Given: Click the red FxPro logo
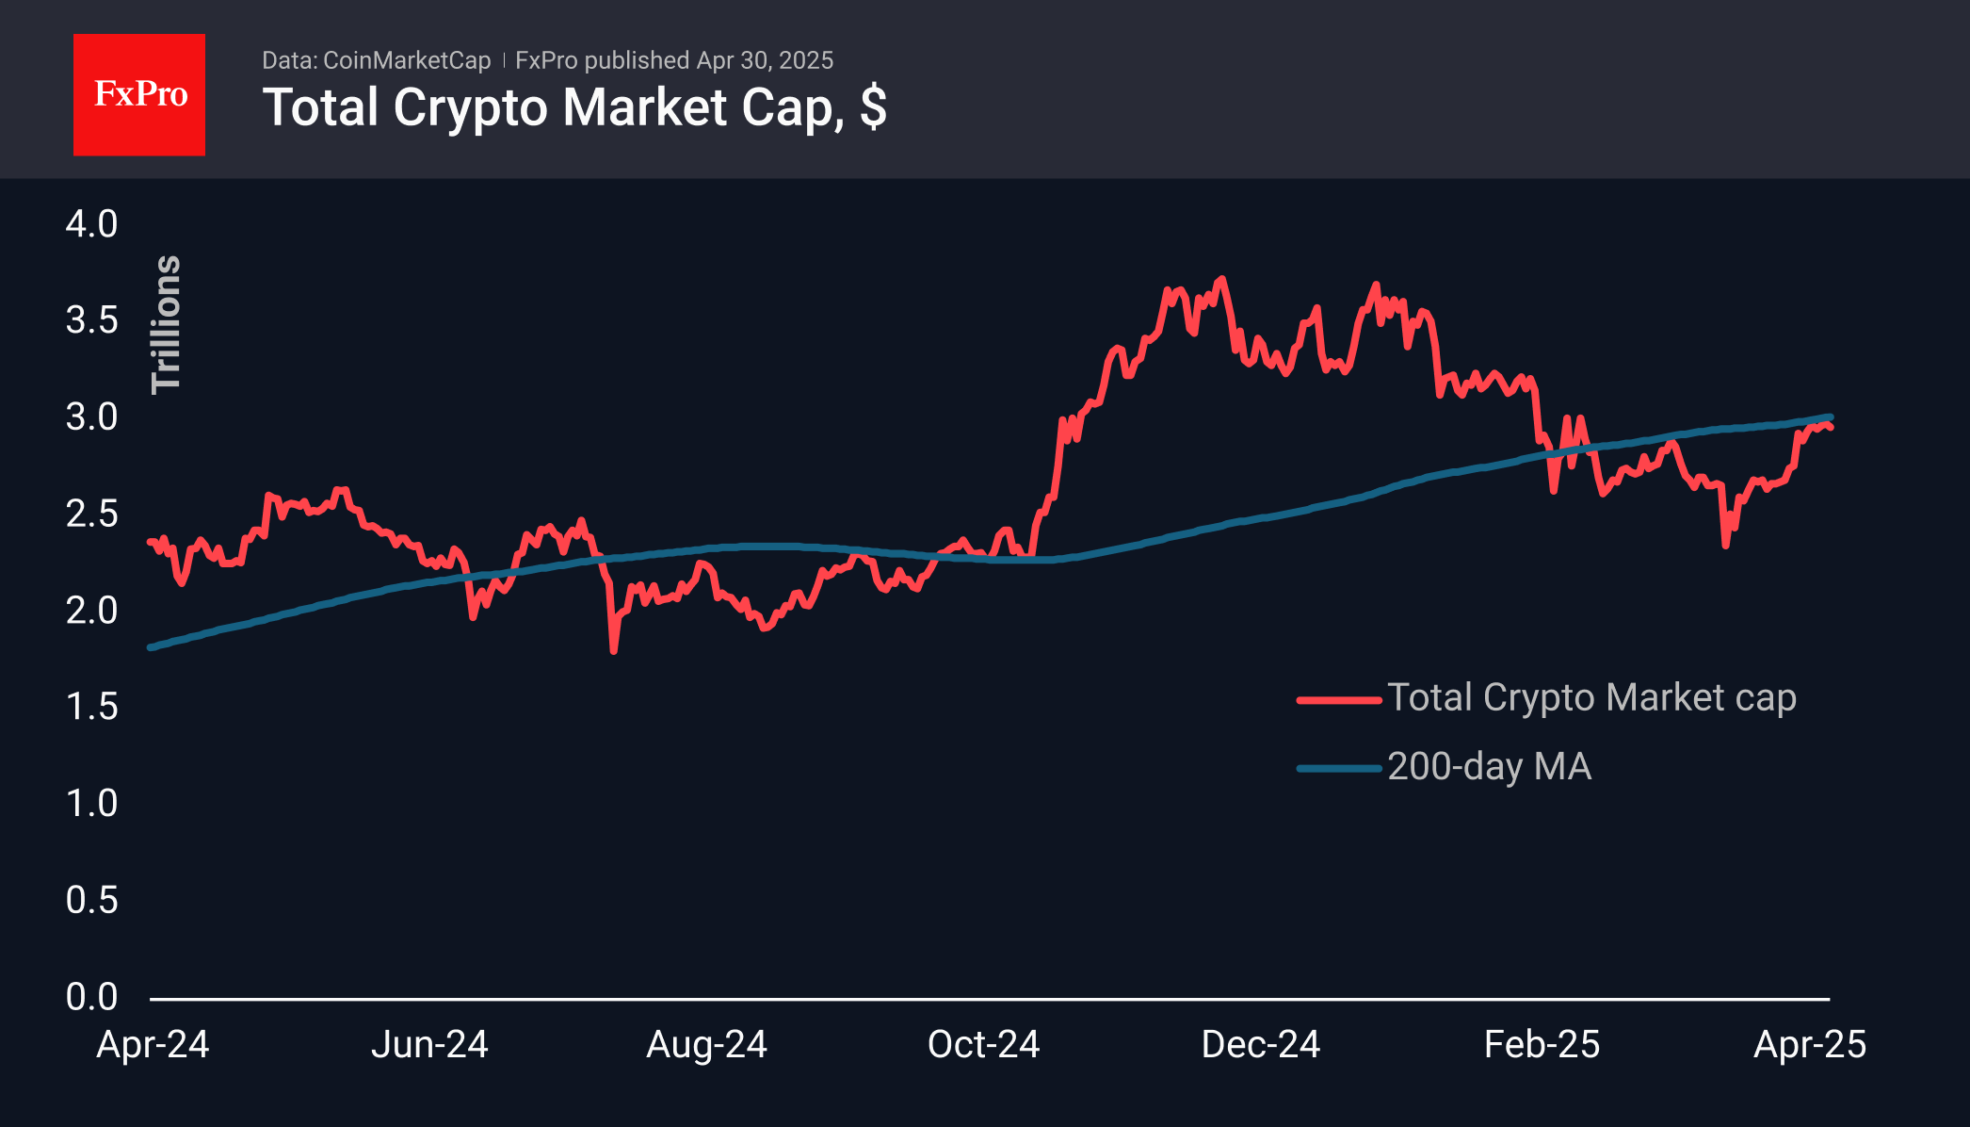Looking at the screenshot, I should click(x=139, y=94).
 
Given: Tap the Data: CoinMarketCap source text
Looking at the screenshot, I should click(x=376, y=60).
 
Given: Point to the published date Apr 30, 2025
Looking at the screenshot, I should click(x=765, y=60).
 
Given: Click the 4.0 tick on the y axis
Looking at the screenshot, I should click(x=91, y=224).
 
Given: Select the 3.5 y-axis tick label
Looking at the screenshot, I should click(x=91, y=320).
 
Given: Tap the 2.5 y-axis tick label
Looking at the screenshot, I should click(x=91, y=514).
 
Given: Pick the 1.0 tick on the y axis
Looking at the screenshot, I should click(x=91, y=804).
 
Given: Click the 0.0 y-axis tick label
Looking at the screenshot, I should click(x=91, y=996).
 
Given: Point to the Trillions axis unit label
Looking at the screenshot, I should click(x=166, y=324).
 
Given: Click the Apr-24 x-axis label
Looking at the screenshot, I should click(x=153, y=1044).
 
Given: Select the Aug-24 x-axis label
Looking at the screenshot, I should click(x=706, y=1044).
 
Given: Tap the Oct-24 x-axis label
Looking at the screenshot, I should click(x=983, y=1044).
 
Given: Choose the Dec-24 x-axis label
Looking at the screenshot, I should click(x=1260, y=1044).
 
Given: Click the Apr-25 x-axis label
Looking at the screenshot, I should click(x=1809, y=1044).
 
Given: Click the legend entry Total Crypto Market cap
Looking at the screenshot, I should click(x=1591, y=698).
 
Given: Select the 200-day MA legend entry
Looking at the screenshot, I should click(x=1489, y=767).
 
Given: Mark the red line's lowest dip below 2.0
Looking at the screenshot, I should click(x=614, y=649).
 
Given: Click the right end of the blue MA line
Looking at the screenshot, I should click(x=1830, y=417).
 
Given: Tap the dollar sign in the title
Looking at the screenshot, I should click(x=873, y=107).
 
